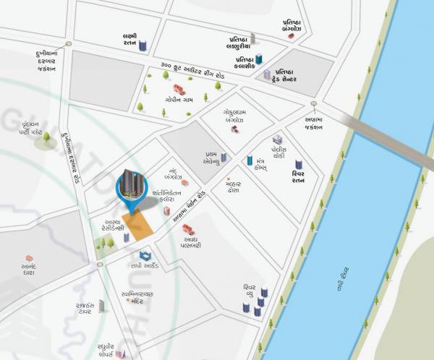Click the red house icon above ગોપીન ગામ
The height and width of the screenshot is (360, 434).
pyautogui.click(x=179, y=90)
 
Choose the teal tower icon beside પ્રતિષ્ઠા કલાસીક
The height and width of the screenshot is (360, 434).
pyautogui.click(x=258, y=59)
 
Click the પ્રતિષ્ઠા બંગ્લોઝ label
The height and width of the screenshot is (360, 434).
pyautogui.click(x=296, y=25)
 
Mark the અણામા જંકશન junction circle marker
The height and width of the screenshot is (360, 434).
pyautogui.click(x=314, y=104)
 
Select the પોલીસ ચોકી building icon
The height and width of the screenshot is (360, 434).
pyautogui.click(x=277, y=139)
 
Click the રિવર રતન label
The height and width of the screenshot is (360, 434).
pyautogui.click(x=298, y=179)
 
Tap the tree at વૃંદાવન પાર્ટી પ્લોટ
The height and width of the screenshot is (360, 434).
pyautogui.click(x=46, y=136)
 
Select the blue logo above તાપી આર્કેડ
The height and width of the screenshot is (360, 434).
pyautogui.click(x=145, y=255)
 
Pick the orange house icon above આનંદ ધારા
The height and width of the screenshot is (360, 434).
pyautogui.click(x=30, y=258)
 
